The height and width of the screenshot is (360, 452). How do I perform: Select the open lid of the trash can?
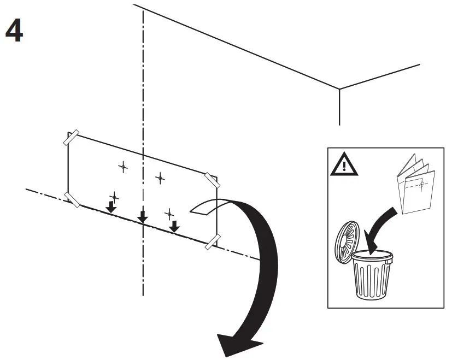point(348,243)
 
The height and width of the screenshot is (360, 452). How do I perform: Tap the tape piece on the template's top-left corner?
point(72,137)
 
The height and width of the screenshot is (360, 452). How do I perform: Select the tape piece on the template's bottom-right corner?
point(212,240)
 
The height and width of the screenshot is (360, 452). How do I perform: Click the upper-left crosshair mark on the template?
point(123,166)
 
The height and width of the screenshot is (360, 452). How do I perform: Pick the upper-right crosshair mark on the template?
point(160,178)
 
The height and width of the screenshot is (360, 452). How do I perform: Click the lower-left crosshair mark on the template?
point(114,196)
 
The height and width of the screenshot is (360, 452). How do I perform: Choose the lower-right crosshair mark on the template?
point(169,213)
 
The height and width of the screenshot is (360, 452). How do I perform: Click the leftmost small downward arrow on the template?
point(111,206)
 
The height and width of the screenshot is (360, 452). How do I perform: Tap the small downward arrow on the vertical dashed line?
point(143,217)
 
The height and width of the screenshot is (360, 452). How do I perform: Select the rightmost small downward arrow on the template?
point(174,226)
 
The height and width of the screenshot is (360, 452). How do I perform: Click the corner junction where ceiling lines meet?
point(340,89)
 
